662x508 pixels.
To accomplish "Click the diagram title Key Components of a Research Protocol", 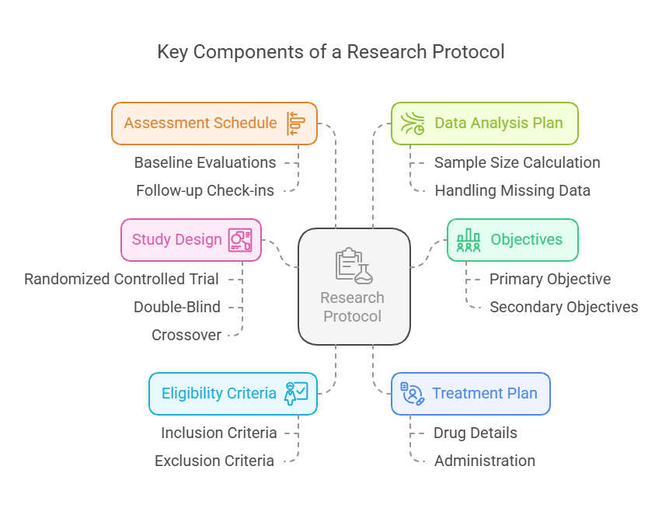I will [x=331, y=52].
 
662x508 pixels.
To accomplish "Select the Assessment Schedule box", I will [x=214, y=124].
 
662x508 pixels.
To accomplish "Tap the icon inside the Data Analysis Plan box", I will [x=413, y=124].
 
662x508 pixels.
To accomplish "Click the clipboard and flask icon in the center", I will [x=354, y=265].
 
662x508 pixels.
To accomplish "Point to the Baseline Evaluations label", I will [x=205, y=162].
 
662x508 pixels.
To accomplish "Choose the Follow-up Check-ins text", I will [x=205, y=190].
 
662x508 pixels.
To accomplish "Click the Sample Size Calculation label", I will [x=517, y=162].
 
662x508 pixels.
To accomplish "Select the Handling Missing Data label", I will [x=512, y=190].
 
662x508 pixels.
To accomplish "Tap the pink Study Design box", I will [x=191, y=239].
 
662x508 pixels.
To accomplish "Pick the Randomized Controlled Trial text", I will [x=121, y=279].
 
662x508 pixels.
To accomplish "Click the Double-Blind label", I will [x=177, y=307].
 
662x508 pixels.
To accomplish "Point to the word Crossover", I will [x=186, y=335].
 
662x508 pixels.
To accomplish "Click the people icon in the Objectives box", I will [x=469, y=239].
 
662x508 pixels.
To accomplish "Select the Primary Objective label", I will [x=550, y=279].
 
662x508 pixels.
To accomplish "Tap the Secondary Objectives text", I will [x=563, y=307].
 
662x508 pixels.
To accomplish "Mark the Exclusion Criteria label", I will [x=214, y=461].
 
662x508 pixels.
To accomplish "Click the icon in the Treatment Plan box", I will [x=413, y=393].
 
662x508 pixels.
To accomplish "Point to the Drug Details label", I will [x=476, y=433].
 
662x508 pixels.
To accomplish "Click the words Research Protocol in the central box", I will [x=353, y=307].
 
